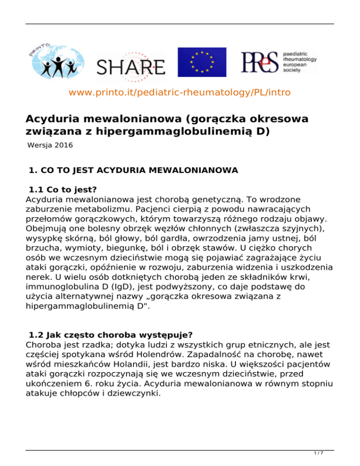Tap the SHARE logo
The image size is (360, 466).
pos(131,65)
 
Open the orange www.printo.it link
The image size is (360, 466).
pos(180,93)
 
